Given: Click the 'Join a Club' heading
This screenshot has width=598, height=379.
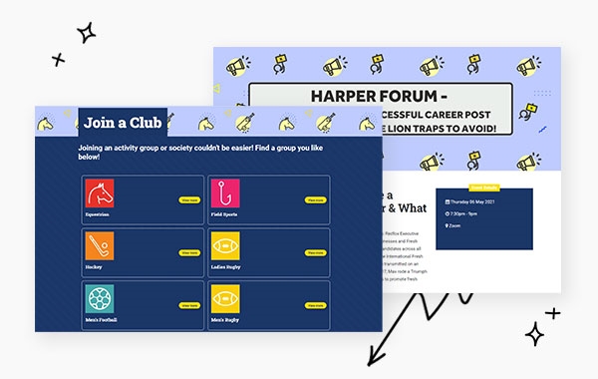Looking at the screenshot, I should [124, 123].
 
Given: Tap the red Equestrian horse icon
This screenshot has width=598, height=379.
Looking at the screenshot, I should [100, 192].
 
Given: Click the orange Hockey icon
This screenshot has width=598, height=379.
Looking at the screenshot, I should [100, 245].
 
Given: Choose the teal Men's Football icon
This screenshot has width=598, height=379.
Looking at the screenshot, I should [100, 298].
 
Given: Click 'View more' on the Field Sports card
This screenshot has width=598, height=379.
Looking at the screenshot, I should [315, 200].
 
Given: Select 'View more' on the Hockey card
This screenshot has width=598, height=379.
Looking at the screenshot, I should [189, 253].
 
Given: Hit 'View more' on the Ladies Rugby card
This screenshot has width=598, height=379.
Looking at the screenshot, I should [315, 253].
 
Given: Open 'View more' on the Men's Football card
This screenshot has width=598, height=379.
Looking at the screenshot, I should [189, 306].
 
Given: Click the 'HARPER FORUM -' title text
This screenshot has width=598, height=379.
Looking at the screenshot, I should [379, 98].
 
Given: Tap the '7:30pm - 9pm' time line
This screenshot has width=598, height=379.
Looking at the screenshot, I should [465, 212].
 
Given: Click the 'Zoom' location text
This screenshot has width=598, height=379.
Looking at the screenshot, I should [455, 226].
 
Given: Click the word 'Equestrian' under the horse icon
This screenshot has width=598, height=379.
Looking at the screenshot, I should [98, 214].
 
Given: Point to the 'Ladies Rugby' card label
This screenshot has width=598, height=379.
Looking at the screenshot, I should [226, 267].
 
